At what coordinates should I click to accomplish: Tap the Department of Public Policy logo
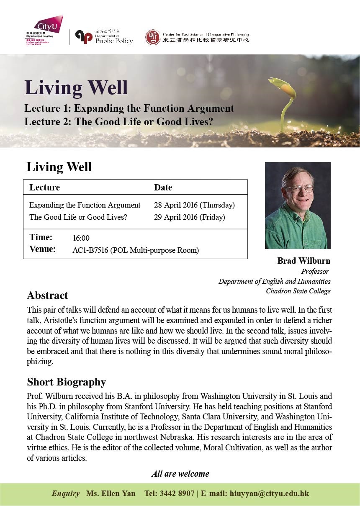click(x=104, y=37)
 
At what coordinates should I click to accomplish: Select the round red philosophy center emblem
click(x=153, y=37)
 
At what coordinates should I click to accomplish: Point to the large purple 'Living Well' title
click(x=76, y=87)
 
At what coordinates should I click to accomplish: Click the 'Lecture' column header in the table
click(x=44, y=188)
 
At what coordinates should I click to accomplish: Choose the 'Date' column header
click(x=163, y=188)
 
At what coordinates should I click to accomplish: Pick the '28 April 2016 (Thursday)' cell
click(x=194, y=205)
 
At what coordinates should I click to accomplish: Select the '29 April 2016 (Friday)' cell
click(x=189, y=217)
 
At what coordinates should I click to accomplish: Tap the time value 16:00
click(x=81, y=238)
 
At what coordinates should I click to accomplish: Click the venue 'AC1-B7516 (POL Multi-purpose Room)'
click(x=136, y=251)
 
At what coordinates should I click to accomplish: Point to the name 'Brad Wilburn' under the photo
click(x=303, y=261)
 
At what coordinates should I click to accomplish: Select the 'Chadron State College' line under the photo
click(x=298, y=291)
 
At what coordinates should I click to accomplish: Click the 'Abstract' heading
click(x=47, y=295)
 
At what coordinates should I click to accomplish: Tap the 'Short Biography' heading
click(x=66, y=382)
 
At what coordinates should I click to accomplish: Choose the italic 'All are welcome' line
click(x=180, y=474)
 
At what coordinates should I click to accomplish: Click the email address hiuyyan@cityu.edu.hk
click(x=269, y=493)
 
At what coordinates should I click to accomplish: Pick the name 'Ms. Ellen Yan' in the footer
click(x=111, y=493)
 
